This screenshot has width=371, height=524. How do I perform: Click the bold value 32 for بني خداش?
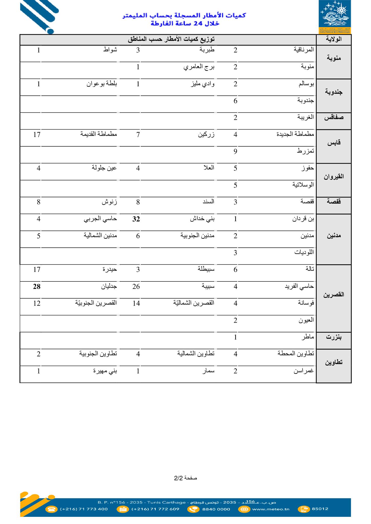pyautogui.click(x=136, y=219)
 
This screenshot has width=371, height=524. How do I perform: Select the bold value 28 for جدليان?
pyautogui.click(x=37, y=287)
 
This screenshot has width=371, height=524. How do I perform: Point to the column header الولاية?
pyautogui.click(x=334, y=39)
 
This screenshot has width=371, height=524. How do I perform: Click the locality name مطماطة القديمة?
pyautogui.click(x=99, y=134)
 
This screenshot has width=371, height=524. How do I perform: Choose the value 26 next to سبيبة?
pyautogui.click(x=136, y=287)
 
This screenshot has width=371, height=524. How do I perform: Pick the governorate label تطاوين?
pyautogui.click(x=334, y=362)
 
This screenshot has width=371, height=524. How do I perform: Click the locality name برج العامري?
pyautogui.click(x=199, y=67)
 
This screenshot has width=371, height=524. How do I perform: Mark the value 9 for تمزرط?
pyautogui.click(x=235, y=151)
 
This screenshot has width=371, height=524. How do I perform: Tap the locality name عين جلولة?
pyautogui.click(x=104, y=168)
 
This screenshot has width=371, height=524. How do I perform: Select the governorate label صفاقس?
pyautogui.click(x=334, y=118)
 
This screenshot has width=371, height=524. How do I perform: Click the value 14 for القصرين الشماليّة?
pyautogui.click(x=136, y=303)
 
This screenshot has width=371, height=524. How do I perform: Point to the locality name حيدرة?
pyautogui.click(x=110, y=269)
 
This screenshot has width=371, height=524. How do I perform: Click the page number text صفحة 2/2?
pyautogui.click(x=185, y=478)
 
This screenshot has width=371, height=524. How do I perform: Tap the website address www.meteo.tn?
pyautogui.click(x=271, y=509)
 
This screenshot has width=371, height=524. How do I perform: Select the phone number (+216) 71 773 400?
pyautogui.click(x=84, y=509)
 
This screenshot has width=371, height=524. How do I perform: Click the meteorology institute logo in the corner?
pyautogui.click(x=335, y=17)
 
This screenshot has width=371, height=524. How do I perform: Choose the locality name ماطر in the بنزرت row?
pyautogui.click(x=307, y=337)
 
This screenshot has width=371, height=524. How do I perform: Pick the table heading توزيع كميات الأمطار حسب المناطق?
pyautogui.click(x=171, y=39)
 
